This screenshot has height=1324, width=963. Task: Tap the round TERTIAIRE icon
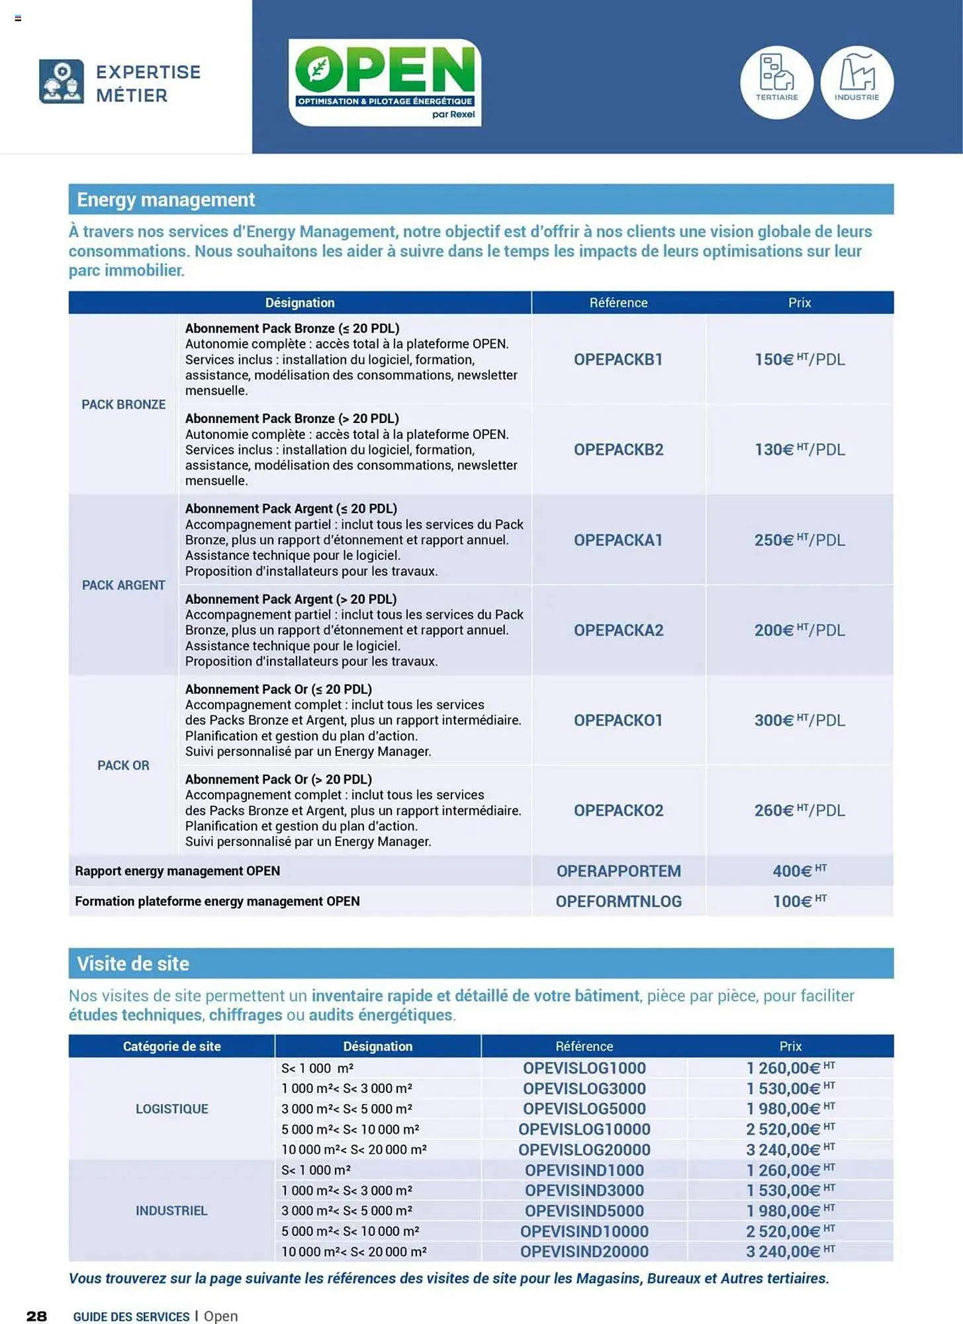click(x=776, y=82)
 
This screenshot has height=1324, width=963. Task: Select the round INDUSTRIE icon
click(x=856, y=82)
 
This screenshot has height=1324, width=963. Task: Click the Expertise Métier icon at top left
click(x=62, y=81)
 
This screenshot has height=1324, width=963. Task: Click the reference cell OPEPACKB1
click(x=618, y=359)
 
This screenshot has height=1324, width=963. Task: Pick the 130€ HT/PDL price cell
click(x=800, y=449)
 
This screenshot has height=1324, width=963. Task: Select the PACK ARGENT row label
click(x=123, y=585)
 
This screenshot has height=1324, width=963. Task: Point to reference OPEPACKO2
click(x=618, y=810)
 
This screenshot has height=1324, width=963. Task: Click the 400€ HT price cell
click(x=800, y=871)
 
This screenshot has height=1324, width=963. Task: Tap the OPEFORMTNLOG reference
click(x=618, y=901)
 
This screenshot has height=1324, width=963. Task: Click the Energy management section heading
click(x=165, y=199)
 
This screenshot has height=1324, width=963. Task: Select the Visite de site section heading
click(x=133, y=963)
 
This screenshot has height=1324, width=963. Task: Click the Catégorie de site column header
click(x=171, y=1046)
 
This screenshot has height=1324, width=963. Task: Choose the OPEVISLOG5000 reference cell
click(x=584, y=1109)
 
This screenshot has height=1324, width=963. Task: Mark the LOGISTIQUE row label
click(x=171, y=1109)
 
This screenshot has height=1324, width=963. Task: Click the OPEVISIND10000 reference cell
click(x=584, y=1231)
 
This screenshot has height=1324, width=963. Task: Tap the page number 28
click(x=36, y=1316)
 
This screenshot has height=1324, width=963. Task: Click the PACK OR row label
click(x=123, y=765)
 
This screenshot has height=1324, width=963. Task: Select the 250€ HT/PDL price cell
click(x=800, y=540)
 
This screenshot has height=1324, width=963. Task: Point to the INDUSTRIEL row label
click(x=171, y=1211)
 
